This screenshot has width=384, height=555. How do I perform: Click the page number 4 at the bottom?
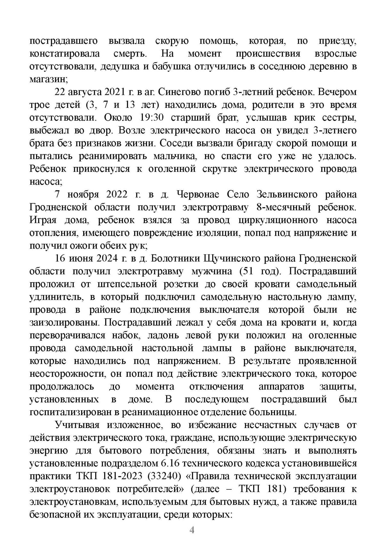[192, 531]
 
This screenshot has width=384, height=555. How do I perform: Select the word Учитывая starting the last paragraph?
[76, 425]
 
